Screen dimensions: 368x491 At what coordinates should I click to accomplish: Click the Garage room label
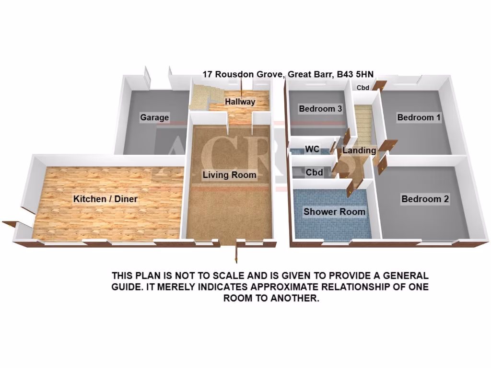154,117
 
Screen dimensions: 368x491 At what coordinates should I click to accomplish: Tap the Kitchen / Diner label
105,199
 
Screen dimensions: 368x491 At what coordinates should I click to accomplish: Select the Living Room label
229,175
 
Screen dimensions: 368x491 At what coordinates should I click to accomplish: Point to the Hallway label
240,102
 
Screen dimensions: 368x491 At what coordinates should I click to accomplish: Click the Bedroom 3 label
320,109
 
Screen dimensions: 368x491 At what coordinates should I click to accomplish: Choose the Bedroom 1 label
419,117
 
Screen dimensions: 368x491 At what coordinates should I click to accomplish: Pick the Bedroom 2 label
425,199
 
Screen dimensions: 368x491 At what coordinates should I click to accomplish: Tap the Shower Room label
334,212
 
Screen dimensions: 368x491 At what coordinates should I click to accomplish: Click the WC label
312,149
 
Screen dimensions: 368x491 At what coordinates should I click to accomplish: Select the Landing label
360,150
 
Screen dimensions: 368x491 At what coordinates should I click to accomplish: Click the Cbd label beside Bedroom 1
363,88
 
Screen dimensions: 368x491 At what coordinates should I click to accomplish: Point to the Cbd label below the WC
314,172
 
